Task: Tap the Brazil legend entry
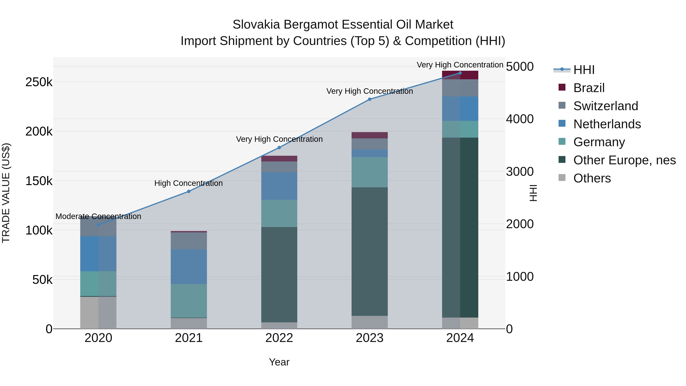click(589, 88)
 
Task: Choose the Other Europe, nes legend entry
click(624, 160)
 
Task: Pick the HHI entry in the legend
click(583, 70)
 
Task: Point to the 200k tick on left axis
click(39, 131)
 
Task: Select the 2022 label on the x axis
click(279, 338)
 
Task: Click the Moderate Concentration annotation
click(98, 216)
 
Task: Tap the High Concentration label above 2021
click(188, 183)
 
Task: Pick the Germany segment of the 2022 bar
click(279, 213)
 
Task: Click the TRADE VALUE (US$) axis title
click(6, 193)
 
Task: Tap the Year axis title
click(279, 362)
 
